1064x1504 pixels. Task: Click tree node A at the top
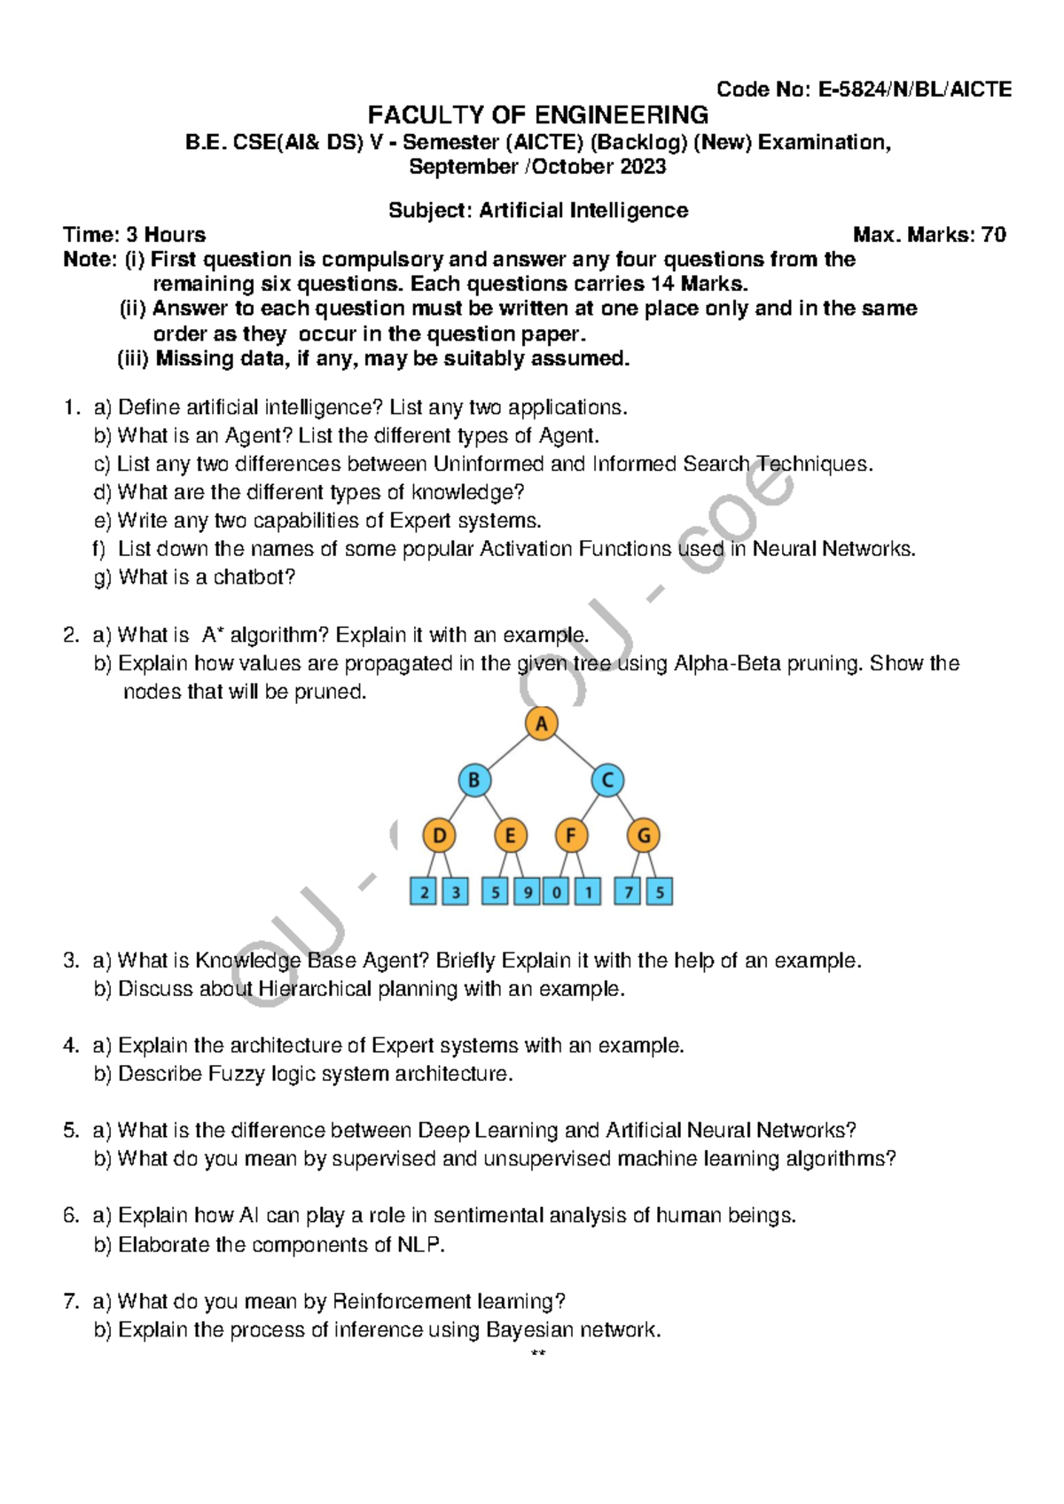tap(541, 724)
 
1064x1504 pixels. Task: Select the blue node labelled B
tap(474, 780)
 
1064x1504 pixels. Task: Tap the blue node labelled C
tap(607, 780)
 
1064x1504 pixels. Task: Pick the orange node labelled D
tap(439, 835)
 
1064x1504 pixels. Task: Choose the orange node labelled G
tap(643, 835)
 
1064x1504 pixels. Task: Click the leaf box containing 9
tap(527, 891)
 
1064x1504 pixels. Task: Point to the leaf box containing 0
tap(556, 891)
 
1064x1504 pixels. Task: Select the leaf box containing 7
tap(628, 891)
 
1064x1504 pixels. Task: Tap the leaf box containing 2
tap(424, 891)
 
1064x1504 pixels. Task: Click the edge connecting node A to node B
tap(508, 752)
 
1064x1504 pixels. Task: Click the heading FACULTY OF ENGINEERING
tap(537, 115)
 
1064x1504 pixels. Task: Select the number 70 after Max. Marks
tap(993, 235)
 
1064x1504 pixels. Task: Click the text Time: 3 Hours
tap(134, 235)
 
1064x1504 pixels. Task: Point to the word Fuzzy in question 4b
tap(236, 1074)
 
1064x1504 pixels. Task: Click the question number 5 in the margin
tap(70, 1131)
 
